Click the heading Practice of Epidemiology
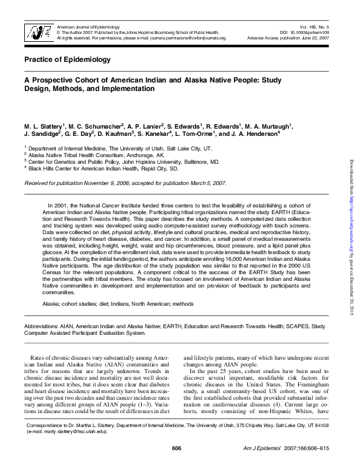(x=67, y=59)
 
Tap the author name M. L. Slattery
(x=45, y=126)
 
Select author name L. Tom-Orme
(x=195, y=134)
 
